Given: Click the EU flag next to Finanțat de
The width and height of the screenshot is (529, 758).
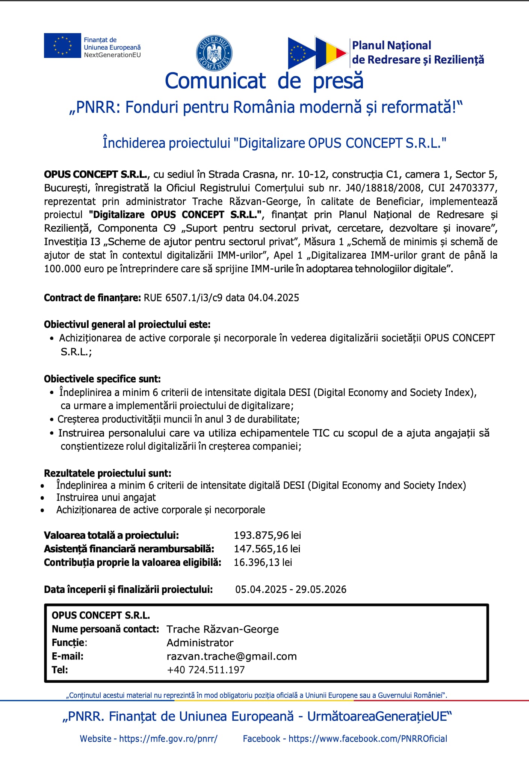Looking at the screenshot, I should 62,45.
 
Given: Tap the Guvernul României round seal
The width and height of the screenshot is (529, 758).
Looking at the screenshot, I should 214,53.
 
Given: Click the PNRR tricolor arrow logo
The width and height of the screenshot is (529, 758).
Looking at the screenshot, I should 317,53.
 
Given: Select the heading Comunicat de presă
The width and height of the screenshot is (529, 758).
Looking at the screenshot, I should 264,81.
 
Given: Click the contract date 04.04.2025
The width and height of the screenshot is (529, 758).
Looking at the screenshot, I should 274,298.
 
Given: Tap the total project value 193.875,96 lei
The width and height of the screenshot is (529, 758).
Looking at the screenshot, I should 267,535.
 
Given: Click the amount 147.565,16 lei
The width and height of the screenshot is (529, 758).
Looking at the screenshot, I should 267,549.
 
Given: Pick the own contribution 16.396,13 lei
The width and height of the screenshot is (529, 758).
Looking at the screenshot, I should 263,562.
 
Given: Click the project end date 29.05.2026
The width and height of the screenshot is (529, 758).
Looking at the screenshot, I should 321,589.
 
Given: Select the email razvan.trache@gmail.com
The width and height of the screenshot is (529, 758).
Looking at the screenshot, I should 231,656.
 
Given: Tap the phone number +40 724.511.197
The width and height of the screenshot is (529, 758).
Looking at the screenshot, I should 206,670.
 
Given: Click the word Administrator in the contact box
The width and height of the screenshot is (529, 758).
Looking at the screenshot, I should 200,643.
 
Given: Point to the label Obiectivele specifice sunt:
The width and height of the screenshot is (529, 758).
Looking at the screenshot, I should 102,379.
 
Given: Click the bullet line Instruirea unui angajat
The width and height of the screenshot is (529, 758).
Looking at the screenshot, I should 106,497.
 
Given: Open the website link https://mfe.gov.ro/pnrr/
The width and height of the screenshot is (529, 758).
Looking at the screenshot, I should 168,738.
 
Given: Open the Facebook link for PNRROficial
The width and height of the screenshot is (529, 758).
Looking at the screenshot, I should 367,738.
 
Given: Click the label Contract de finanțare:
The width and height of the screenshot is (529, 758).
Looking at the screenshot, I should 92,298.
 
